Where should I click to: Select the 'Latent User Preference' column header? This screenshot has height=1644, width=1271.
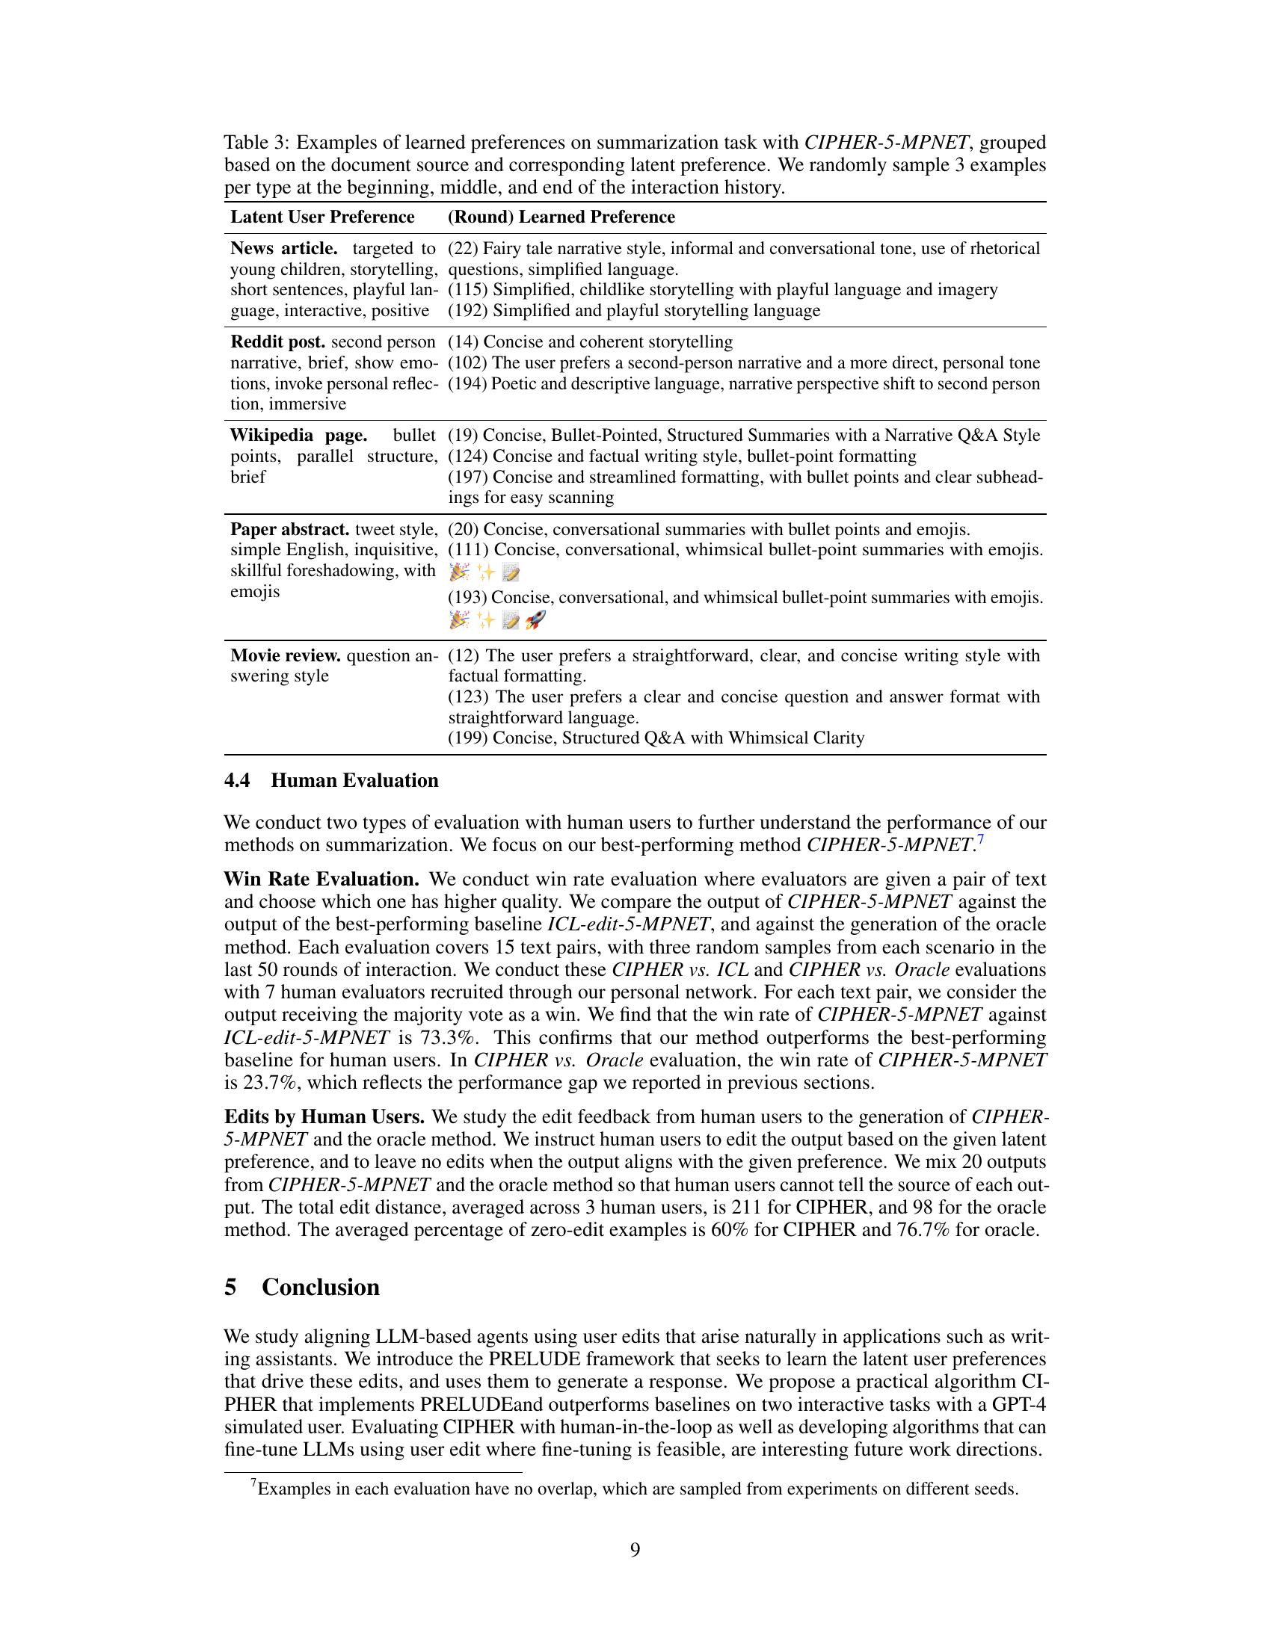(321, 217)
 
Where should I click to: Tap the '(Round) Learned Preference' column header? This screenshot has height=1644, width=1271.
(561, 217)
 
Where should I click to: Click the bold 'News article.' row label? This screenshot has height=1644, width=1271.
(283, 248)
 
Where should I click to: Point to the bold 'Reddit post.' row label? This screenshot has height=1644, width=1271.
(277, 342)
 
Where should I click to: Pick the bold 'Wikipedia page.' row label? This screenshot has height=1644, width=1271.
(298, 435)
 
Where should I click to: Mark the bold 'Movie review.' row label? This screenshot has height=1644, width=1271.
(285, 655)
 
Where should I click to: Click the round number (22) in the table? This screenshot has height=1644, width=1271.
(463, 248)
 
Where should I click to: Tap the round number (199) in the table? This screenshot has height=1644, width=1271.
(467, 738)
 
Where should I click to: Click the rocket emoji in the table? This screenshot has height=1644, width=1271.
(535, 620)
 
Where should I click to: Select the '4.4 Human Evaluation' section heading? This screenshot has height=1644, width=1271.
(331, 781)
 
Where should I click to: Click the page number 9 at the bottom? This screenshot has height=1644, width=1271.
(635, 1550)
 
